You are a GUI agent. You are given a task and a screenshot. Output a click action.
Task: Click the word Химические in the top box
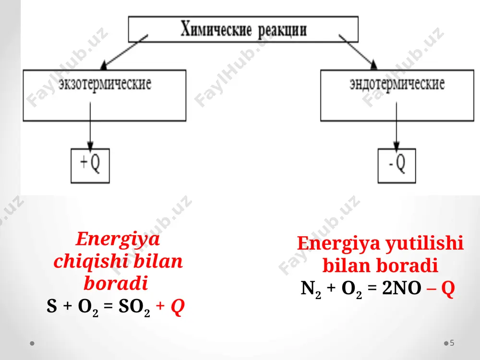(x=216, y=29)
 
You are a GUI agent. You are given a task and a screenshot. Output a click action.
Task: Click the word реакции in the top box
(x=282, y=31)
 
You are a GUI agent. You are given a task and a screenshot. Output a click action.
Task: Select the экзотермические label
(x=105, y=84)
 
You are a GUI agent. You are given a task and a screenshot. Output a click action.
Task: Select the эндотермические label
(x=397, y=84)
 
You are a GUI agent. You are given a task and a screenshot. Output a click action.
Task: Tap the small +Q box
(x=90, y=166)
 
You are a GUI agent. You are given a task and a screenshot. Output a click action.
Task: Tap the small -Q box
(x=397, y=166)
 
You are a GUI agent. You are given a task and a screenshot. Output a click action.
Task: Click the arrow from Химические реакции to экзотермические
(x=124, y=51)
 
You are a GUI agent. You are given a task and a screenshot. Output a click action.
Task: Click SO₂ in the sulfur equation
(x=134, y=307)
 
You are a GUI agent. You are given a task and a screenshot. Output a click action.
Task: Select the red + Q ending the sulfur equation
(x=170, y=306)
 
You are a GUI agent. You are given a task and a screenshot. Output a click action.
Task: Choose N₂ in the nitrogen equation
(x=311, y=289)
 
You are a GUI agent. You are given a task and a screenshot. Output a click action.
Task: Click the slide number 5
(x=452, y=343)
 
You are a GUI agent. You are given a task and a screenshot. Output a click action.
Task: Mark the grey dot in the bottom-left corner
(x=32, y=343)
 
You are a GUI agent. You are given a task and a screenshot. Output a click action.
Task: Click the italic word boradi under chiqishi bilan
(x=116, y=284)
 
